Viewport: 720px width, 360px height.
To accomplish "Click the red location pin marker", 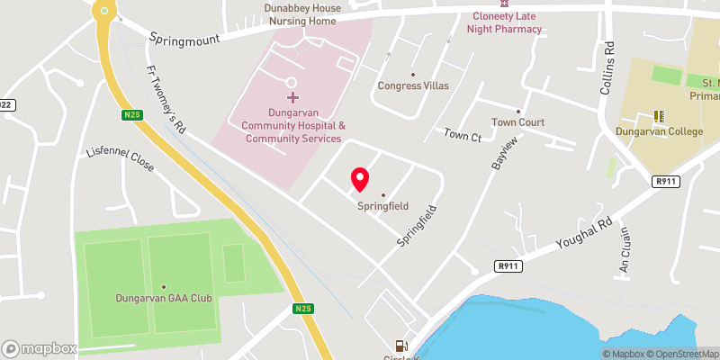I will [x=360, y=179].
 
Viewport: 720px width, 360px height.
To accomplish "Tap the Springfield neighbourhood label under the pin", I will [x=383, y=206].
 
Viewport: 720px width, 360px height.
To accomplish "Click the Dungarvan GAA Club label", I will [x=164, y=298].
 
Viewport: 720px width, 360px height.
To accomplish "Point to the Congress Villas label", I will [x=413, y=85].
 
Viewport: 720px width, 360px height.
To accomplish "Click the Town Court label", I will [x=518, y=122].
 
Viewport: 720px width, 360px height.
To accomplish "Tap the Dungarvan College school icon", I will [x=659, y=116].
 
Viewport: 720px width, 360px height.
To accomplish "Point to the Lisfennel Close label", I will [x=120, y=160].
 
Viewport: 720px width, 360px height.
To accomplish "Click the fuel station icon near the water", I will [x=400, y=346].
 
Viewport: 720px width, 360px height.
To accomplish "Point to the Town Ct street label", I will [x=463, y=135].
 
